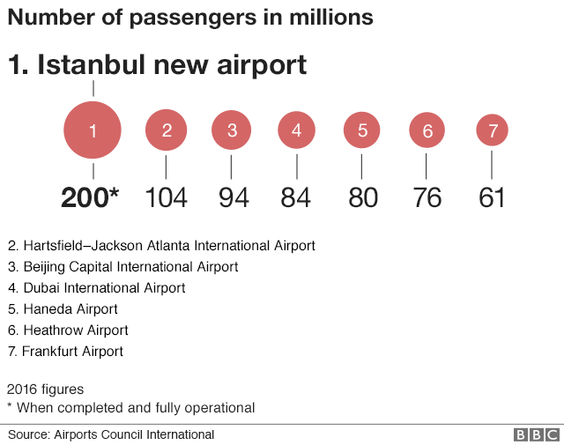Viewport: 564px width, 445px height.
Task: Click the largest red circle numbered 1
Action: [x=93, y=131]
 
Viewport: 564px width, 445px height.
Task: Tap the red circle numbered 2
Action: [x=167, y=131]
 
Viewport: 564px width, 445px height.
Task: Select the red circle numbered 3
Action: [x=232, y=131]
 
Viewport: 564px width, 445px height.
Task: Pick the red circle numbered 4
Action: [x=297, y=131]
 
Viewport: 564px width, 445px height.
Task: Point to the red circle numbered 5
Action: [x=362, y=131]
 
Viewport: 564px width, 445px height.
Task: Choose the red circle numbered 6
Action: [x=427, y=131]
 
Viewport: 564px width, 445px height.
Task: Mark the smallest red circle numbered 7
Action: [x=493, y=131]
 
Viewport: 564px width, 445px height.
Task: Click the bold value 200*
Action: [x=89, y=197]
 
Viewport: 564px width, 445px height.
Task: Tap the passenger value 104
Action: [x=167, y=197]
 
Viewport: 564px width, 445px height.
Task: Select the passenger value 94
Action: [x=233, y=197]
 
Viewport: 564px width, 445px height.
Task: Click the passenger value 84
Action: [x=297, y=197]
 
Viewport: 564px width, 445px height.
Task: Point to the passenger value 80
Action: [x=362, y=197]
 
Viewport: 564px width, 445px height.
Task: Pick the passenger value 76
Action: [x=427, y=197]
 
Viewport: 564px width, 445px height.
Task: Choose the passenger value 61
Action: [x=492, y=197]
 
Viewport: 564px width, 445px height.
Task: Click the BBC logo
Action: [x=536, y=435]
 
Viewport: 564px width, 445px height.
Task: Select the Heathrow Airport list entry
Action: [x=68, y=330]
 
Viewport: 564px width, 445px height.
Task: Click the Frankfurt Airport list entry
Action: [x=65, y=352]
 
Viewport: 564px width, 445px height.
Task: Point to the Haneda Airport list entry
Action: [x=63, y=309]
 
